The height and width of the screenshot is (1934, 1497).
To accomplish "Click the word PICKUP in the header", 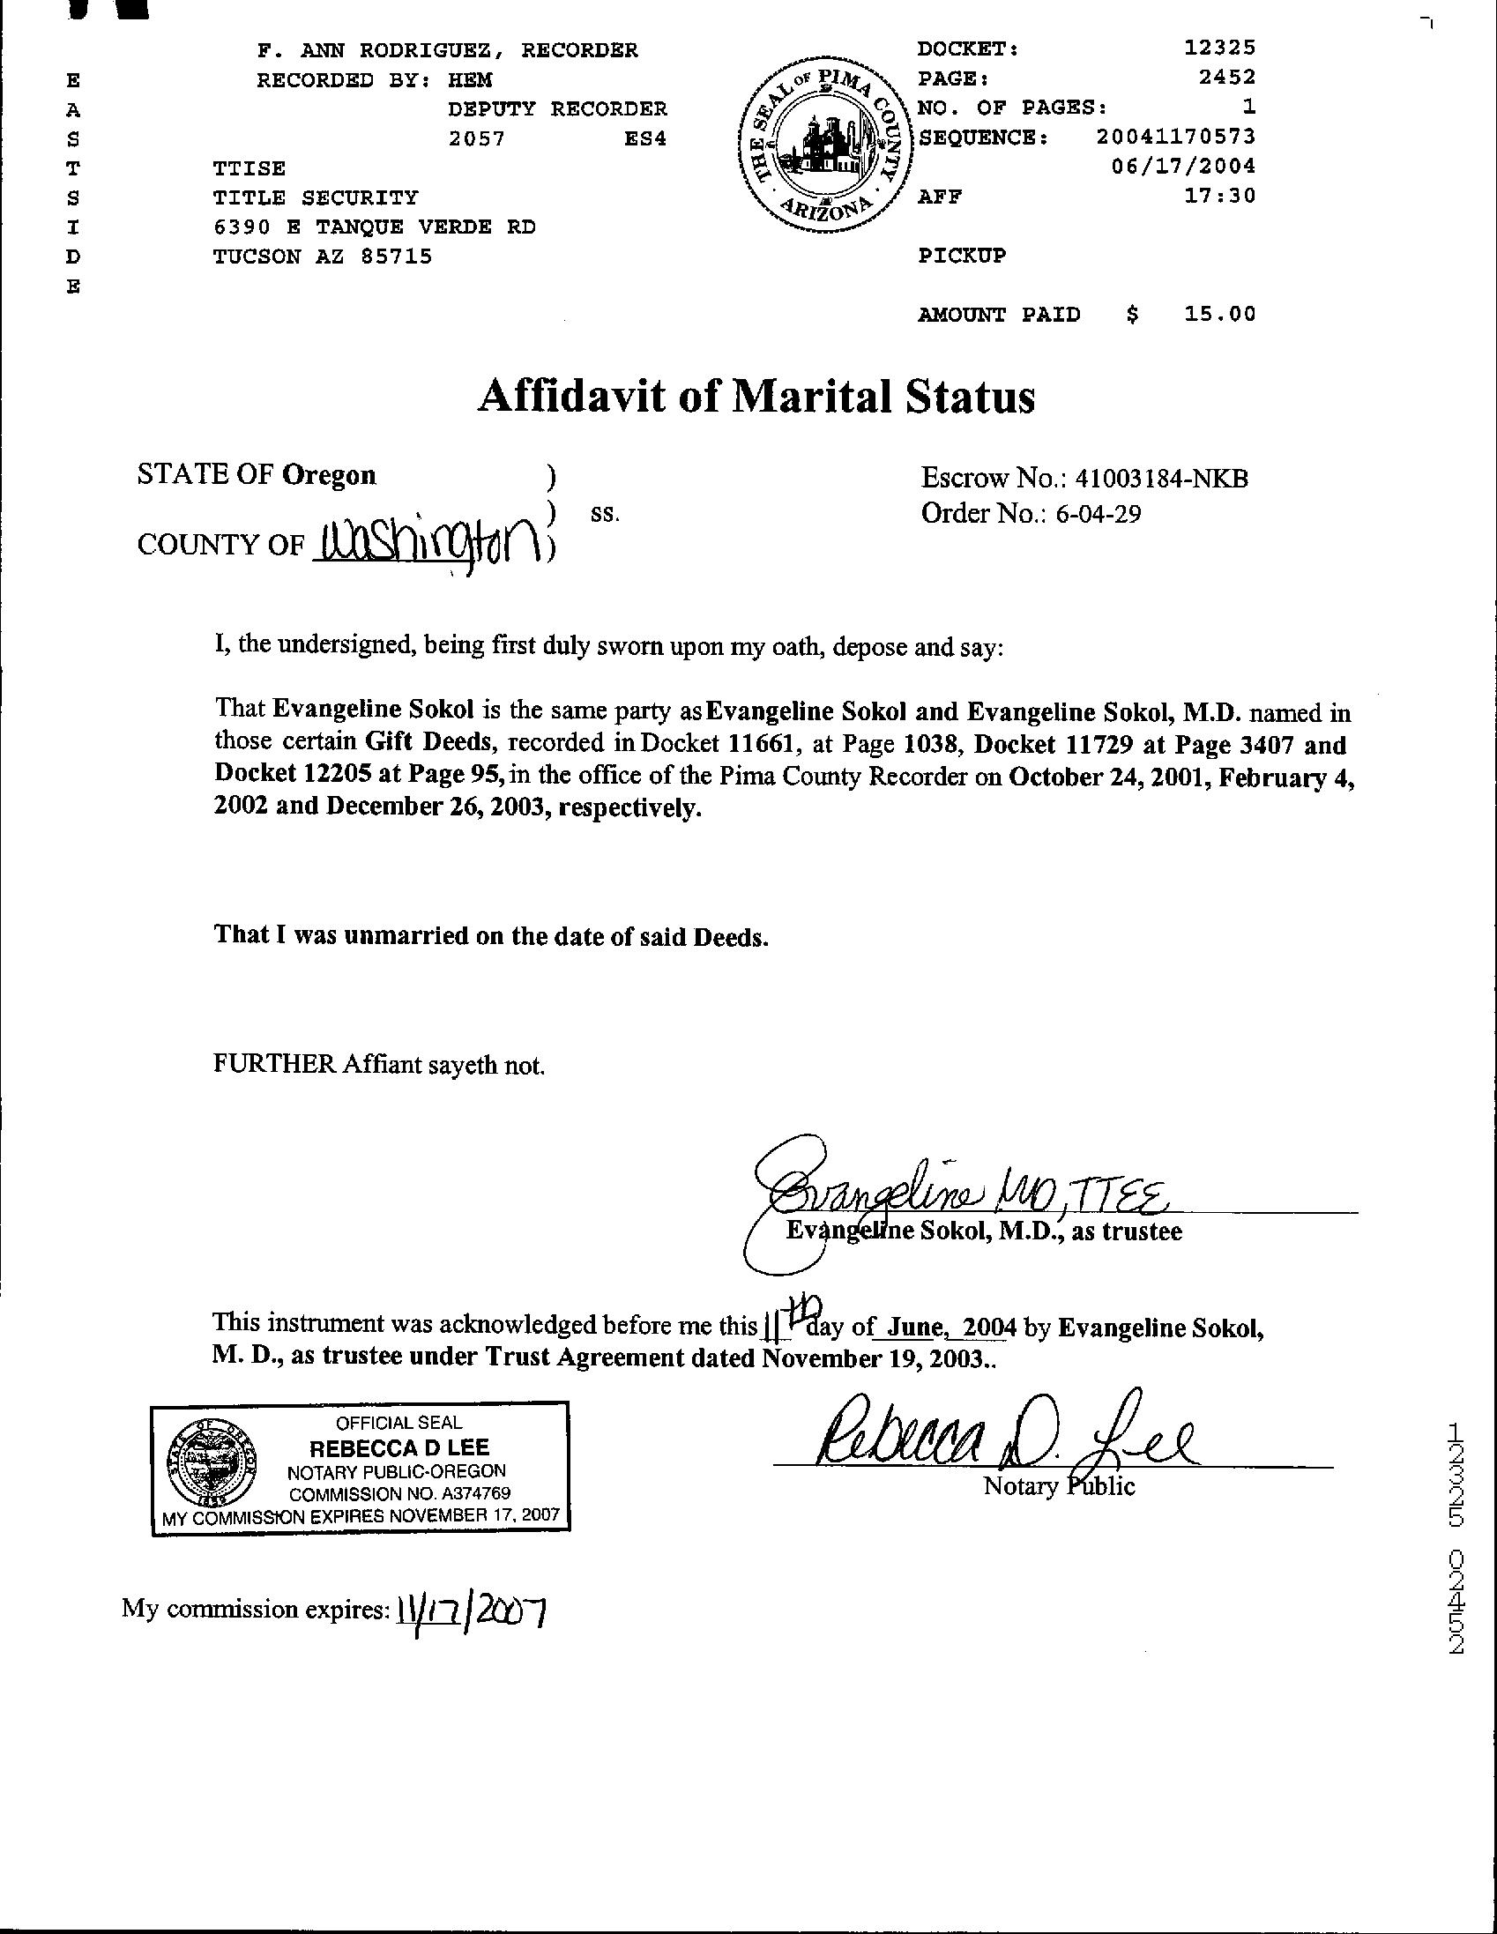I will point(962,256).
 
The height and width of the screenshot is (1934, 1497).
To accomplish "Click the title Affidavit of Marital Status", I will point(756,397).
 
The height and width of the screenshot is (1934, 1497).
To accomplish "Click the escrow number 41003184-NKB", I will point(1161,478).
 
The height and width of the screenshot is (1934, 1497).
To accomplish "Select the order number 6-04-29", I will point(1098,514).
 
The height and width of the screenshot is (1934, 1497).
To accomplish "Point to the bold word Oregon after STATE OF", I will point(329,475).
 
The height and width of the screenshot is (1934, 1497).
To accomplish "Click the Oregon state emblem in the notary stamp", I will point(212,1466).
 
